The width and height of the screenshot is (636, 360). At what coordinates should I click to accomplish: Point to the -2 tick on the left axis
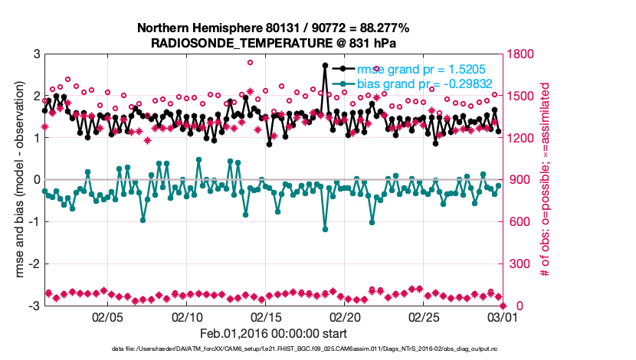[x=34, y=264]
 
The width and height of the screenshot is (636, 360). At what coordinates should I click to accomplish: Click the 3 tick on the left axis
[x=36, y=54]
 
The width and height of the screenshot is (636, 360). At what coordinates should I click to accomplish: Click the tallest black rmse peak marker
[x=326, y=66]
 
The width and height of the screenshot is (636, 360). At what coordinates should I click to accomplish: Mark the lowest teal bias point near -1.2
[x=326, y=229]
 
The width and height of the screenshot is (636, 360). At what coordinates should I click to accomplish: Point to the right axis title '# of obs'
[x=546, y=180]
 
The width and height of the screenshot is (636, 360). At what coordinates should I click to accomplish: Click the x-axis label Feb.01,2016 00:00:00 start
[x=273, y=333]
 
